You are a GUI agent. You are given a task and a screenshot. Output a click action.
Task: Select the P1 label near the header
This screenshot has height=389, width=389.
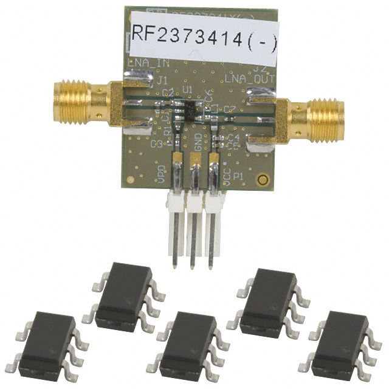239,176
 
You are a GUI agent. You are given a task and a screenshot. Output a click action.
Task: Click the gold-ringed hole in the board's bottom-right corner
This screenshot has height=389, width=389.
263,181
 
